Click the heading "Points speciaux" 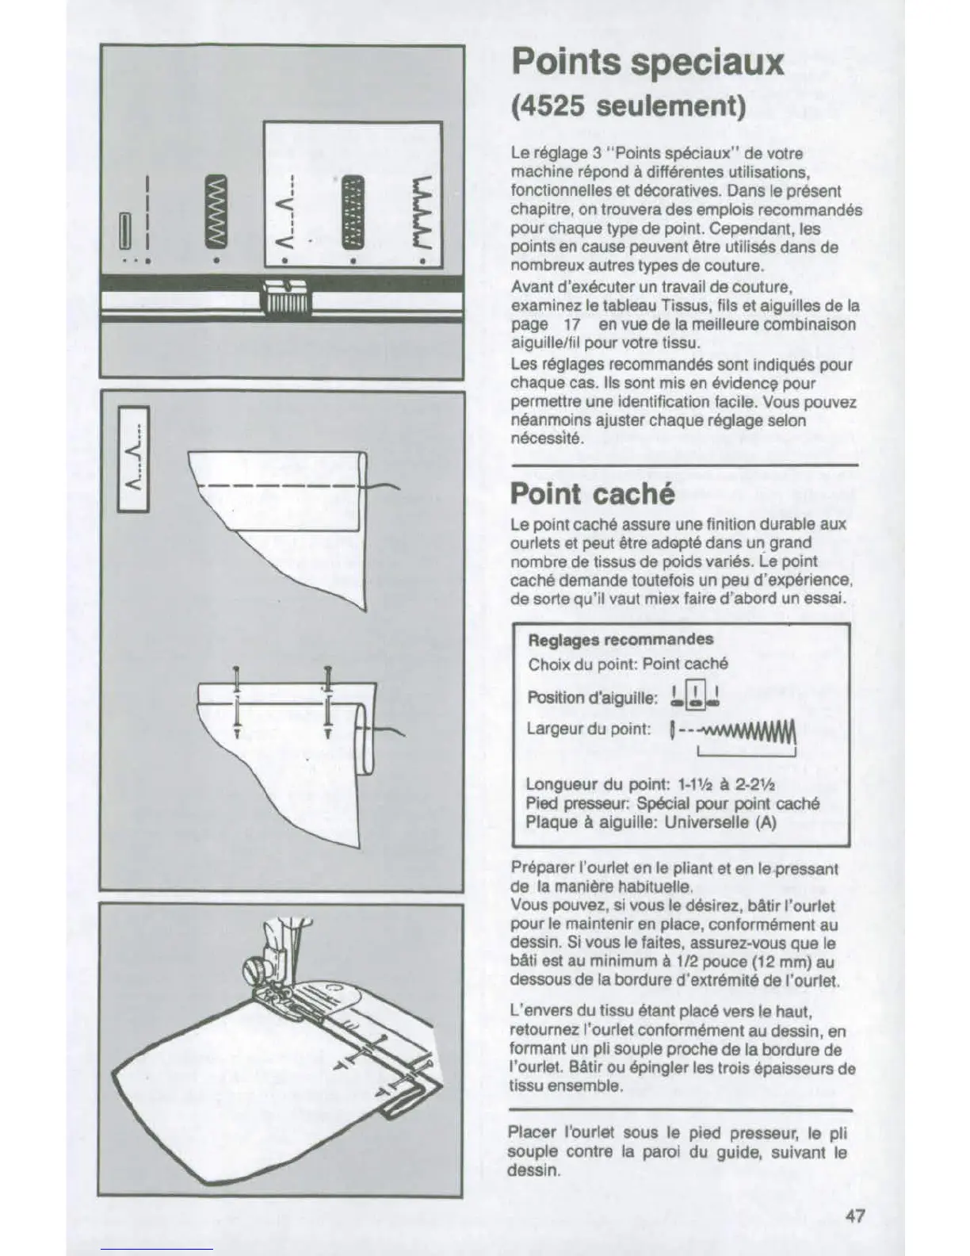[647, 62]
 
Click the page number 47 [854, 1216]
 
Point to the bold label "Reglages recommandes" [621, 639]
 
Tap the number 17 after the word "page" [572, 324]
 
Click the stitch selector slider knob [283, 300]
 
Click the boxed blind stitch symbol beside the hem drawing [133, 459]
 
